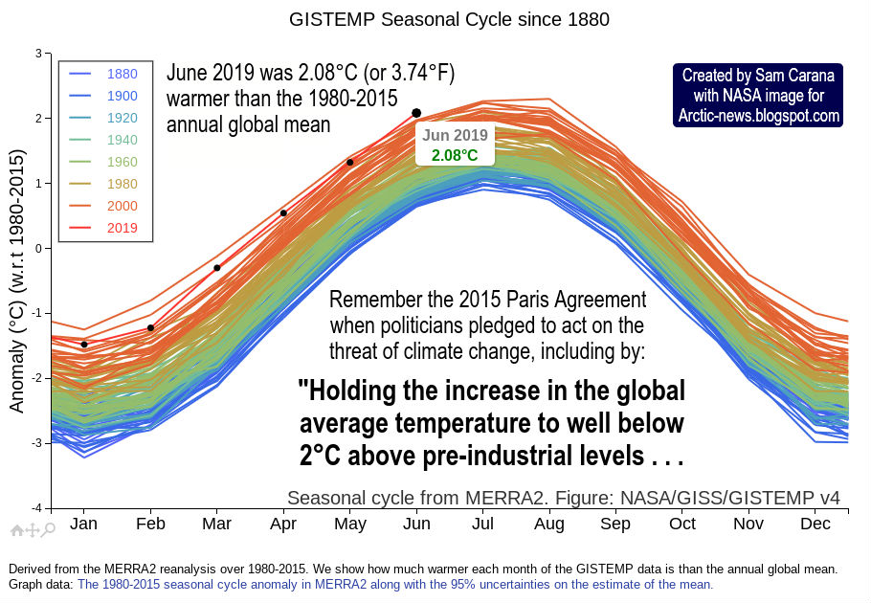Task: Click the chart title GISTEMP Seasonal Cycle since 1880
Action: [x=449, y=19]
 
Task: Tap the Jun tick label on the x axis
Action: [x=416, y=524]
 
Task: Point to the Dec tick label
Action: [x=815, y=524]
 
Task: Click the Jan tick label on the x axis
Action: [x=84, y=524]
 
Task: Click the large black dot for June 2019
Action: [x=416, y=113]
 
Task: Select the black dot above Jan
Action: [x=84, y=345]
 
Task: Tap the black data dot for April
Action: [x=283, y=213]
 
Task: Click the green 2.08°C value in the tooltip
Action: [x=455, y=155]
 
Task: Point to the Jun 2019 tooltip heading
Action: [x=455, y=136]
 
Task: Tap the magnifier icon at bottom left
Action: [x=49, y=528]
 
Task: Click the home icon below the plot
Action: [x=16, y=528]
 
